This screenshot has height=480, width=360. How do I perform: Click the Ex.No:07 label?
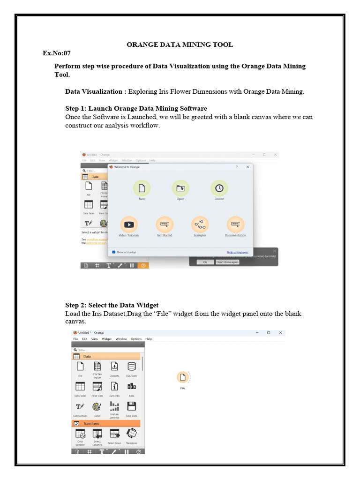point(56,53)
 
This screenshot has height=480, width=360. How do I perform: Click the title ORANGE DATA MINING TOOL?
point(180,45)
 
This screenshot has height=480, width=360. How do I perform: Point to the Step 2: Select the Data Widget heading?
point(112,305)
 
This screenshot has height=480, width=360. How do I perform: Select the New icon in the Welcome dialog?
point(142,188)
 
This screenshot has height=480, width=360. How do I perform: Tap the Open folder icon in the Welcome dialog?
point(180,188)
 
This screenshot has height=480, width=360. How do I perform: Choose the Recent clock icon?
point(219,188)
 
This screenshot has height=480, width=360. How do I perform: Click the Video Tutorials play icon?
point(129,225)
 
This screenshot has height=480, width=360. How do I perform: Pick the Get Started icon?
point(165,225)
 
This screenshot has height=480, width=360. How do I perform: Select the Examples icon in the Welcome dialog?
point(200,225)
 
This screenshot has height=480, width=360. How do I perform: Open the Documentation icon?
point(235,225)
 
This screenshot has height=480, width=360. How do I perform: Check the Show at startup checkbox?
point(113,252)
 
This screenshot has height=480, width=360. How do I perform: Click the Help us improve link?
point(238,252)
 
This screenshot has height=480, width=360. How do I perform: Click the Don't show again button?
point(227,262)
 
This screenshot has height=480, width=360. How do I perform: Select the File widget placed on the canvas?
point(183,377)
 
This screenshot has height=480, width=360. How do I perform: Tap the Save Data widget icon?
point(132,406)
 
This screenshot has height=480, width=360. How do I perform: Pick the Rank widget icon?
point(132,386)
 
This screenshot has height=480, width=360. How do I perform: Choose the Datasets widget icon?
point(114,367)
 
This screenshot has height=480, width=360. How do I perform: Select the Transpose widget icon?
point(132,434)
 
